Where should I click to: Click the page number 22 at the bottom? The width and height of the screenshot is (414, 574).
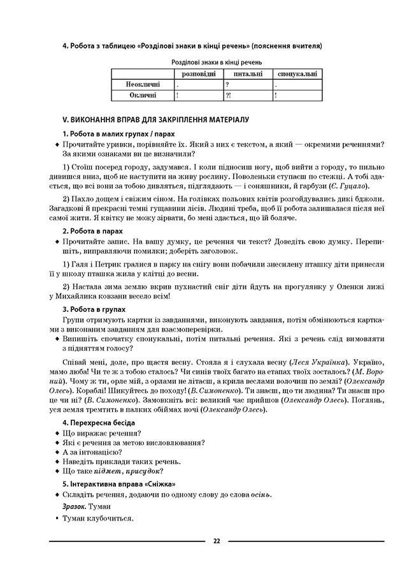pos(217,541)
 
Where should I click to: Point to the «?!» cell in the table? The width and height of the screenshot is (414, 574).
pos(229,95)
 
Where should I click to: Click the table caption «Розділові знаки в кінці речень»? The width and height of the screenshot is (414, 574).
pos(217,63)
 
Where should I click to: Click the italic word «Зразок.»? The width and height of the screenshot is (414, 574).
pos(75,506)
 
